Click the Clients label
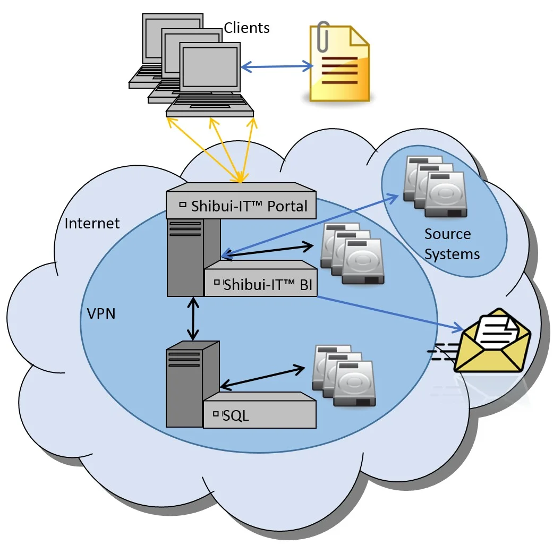click(x=246, y=28)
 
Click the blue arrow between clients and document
click(x=277, y=67)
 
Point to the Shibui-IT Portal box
click(x=242, y=205)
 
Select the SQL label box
click(x=260, y=414)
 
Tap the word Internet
click(x=92, y=223)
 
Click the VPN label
click(x=101, y=313)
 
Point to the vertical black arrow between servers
click(x=192, y=319)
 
